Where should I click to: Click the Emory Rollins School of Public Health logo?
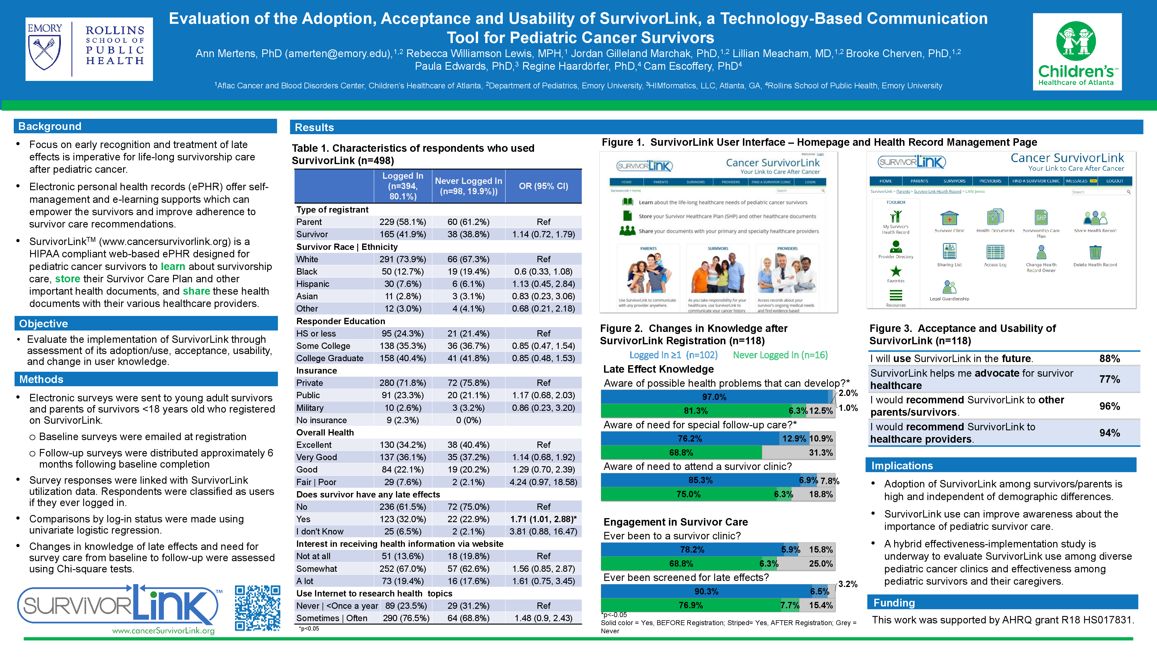pos(89,49)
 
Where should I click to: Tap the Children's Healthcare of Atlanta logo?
pos(1077,52)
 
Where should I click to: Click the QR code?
pos(257,608)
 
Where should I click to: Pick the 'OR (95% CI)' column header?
pos(543,186)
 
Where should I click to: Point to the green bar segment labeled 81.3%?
pos(695,411)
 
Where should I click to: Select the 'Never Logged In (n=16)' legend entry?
pos(780,355)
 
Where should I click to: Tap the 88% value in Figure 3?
pos(1109,359)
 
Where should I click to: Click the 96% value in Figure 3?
pos(1109,406)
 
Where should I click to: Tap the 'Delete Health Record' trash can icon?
pos(1095,252)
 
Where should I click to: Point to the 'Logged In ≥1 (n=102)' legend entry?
pos(673,355)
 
